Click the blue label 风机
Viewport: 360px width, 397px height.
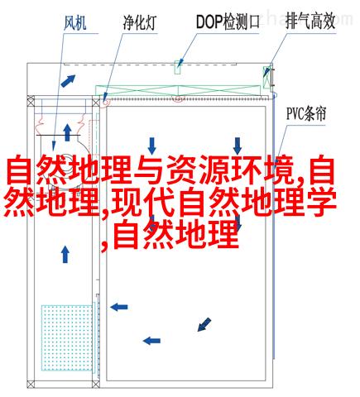(x=75, y=23)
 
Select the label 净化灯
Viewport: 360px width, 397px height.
(x=140, y=22)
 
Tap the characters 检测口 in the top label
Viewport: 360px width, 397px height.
(x=242, y=22)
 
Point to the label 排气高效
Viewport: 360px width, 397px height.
(x=310, y=21)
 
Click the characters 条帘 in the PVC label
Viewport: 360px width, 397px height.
(x=316, y=113)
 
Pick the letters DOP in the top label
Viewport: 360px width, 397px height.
(x=209, y=22)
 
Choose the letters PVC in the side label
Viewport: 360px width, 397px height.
(x=295, y=113)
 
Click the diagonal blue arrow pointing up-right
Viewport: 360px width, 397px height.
(x=68, y=81)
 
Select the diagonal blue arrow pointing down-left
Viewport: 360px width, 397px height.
(x=204, y=324)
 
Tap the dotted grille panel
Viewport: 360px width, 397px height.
(x=67, y=337)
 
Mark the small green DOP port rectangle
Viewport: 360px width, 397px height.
(x=177, y=67)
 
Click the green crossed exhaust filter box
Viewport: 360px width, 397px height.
(x=266, y=77)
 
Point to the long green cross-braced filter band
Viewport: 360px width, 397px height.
(x=178, y=90)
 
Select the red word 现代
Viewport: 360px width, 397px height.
(x=143, y=202)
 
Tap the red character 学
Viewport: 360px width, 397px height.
(x=321, y=202)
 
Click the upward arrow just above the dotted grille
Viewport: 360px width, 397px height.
(x=65, y=254)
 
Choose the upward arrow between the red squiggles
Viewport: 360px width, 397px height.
(x=67, y=132)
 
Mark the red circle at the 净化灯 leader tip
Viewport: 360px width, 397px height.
(x=106, y=103)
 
